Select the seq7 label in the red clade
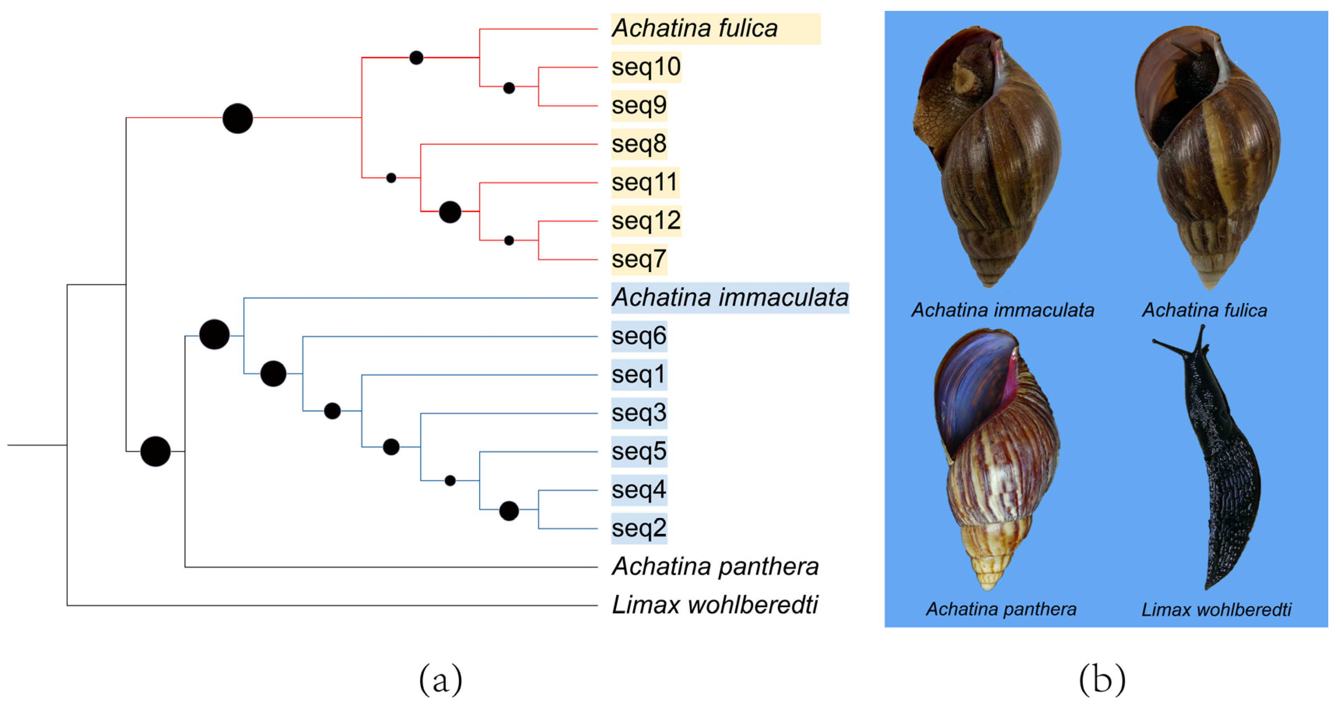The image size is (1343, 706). point(639,259)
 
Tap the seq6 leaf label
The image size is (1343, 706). point(639,336)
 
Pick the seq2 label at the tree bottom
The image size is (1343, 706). point(639,528)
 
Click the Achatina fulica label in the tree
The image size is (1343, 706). point(694,29)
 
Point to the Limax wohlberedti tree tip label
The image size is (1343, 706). point(714,605)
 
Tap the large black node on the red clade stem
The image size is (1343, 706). point(237,118)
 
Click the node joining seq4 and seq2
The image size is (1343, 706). point(509,511)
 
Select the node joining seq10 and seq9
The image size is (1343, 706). point(509,88)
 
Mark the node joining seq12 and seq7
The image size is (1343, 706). point(509,241)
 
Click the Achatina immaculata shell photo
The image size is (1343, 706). point(988,157)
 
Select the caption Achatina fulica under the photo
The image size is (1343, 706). point(1204,310)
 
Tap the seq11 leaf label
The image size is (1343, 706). point(644,183)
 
